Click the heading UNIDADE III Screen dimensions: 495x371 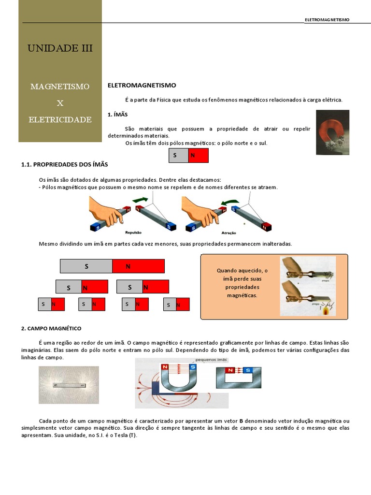click(x=60, y=48)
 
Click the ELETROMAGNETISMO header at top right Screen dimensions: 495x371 click(x=327, y=20)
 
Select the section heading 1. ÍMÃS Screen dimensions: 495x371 click(x=117, y=115)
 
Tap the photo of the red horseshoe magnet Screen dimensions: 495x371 click(x=332, y=132)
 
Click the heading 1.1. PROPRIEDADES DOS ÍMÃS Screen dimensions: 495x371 click(x=64, y=165)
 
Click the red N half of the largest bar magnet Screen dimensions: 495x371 click(x=138, y=266)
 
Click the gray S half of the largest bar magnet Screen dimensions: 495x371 click(x=86, y=266)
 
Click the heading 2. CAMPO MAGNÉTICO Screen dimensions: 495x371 click(x=51, y=328)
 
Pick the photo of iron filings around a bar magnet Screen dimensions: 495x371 click(x=69, y=385)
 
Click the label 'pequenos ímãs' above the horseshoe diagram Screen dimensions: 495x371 click(x=212, y=360)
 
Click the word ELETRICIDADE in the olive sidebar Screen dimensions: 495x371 click(x=60, y=119)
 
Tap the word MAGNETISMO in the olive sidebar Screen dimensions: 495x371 click(x=60, y=87)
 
